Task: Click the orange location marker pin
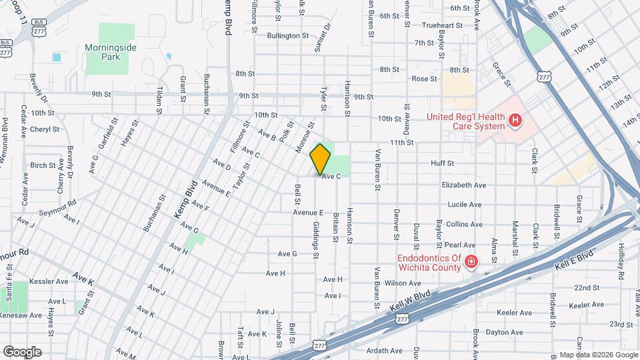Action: tap(321, 159)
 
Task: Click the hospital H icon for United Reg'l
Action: tap(514, 121)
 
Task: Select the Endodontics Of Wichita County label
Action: tap(429, 263)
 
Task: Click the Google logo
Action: tap(22, 351)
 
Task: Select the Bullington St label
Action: tap(288, 35)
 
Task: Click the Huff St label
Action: tap(442, 163)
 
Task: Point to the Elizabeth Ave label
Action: tap(463, 185)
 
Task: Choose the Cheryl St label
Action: tap(45, 129)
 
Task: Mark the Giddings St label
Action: tap(315, 241)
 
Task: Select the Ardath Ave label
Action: tap(387, 351)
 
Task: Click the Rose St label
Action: tap(423, 79)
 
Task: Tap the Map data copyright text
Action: tap(598, 355)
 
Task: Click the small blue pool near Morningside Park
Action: tap(56, 57)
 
